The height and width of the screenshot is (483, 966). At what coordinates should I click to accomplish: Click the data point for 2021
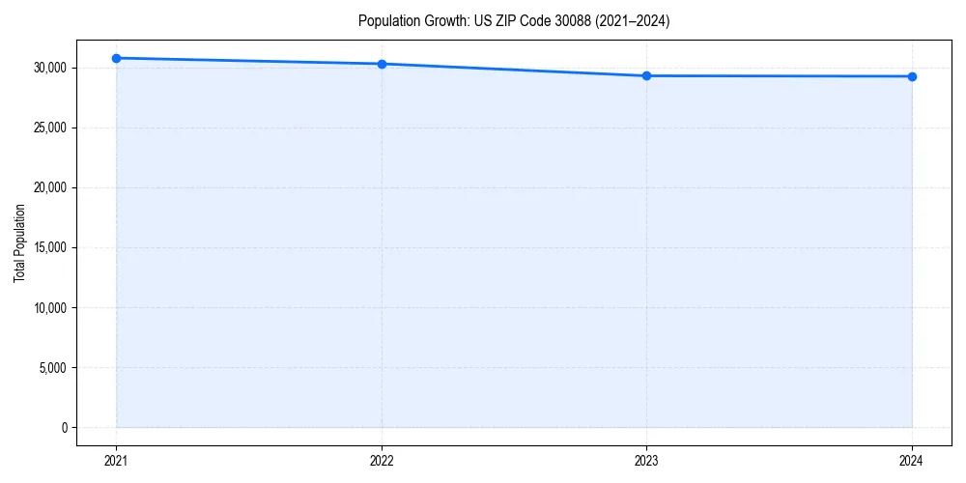pos(116,58)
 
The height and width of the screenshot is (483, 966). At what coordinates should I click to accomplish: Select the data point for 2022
pos(382,64)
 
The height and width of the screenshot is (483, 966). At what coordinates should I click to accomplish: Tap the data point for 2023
pos(646,75)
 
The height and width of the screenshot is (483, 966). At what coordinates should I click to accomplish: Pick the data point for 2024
pos(912,76)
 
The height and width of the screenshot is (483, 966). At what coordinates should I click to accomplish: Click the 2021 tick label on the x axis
pos(116,461)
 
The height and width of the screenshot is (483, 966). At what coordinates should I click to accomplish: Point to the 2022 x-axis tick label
pos(382,461)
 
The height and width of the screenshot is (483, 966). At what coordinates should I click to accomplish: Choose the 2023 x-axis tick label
pos(646,461)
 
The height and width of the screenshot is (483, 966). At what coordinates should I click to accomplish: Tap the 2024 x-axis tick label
pos(912,461)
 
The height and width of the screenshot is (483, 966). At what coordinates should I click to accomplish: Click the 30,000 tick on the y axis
pos(50,68)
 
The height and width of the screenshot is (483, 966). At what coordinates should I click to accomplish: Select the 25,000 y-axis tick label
pos(50,128)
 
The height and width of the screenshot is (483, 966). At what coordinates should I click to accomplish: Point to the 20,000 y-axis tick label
pos(50,187)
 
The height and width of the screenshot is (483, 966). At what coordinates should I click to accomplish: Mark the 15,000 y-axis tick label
pos(50,247)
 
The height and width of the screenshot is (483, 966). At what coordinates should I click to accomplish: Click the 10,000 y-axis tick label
pos(50,308)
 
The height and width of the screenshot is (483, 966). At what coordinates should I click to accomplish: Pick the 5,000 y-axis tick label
pos(53,368)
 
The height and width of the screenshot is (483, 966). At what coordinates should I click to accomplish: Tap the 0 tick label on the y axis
pos(65,428)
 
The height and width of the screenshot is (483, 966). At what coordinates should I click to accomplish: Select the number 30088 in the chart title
pos(558,20)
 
